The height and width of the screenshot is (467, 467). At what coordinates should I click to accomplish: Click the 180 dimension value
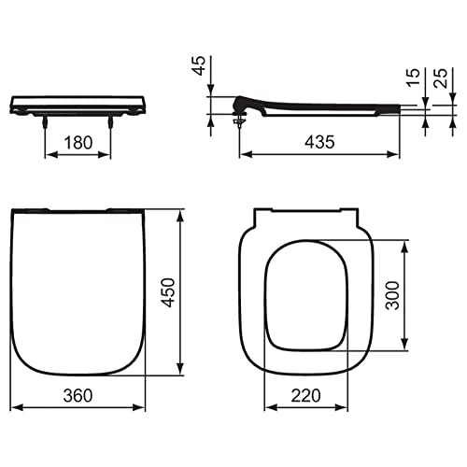click(x=78, y=143)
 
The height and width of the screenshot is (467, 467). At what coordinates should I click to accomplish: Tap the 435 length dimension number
click(x=319, y=142)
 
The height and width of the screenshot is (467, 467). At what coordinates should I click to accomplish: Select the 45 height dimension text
click(x=199, y=65)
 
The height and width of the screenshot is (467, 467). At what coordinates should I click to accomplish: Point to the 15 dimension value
click(x=413, y=78)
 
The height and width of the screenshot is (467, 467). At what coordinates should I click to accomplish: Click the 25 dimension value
click(x=441, y=78)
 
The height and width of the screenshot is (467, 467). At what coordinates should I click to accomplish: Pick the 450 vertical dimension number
click(x=168, y=292)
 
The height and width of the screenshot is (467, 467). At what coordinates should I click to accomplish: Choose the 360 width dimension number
click(x=78, y=395)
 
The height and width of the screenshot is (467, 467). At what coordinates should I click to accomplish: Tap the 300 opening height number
click(x=392, y=295)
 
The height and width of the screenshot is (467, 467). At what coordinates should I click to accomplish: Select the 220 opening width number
click(x=305, y=395)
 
